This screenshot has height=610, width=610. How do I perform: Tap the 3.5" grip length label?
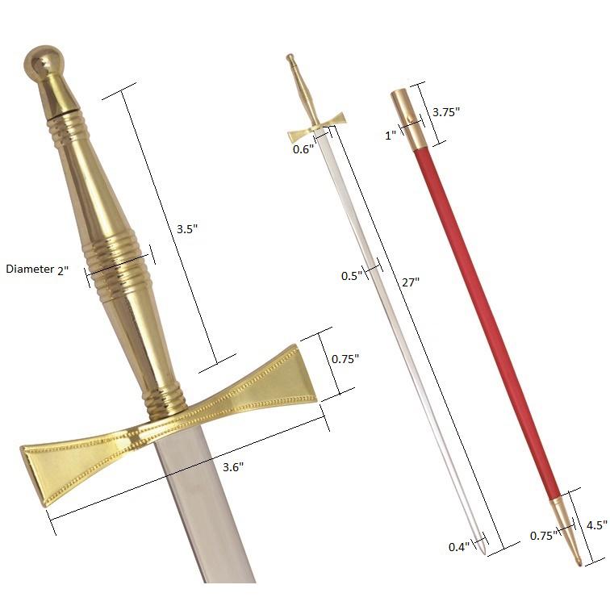pos(186,228)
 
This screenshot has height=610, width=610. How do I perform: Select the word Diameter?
pos(29,269)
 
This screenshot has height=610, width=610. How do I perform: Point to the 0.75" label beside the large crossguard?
pos(345,358)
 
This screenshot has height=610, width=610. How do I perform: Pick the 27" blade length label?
pos(411,282)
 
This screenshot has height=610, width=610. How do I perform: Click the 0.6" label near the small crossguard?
pos(303,148)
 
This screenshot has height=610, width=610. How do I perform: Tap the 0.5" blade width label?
pos(350,276)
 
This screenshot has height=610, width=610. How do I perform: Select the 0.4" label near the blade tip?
pos(458,548)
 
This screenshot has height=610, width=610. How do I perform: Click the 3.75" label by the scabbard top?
pos(445,112)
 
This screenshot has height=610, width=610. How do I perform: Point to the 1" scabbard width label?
pos(390,136)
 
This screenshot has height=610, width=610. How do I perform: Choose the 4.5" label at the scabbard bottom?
pos(595,524)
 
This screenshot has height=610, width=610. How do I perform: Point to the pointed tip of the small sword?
pos(483,551)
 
